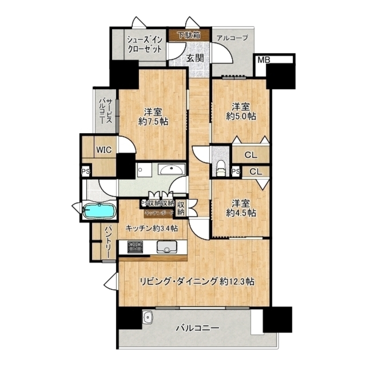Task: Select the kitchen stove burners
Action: [x=135, y=247]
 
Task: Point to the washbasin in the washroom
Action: [x=171, y=169]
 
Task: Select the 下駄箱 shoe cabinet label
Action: [x=189, y=36]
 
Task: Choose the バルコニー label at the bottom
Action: [x=197, y=328]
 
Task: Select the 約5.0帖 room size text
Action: [x=240, y=116]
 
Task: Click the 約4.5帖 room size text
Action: [x=240, y=213]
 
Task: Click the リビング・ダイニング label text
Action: [x=179, y=282]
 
